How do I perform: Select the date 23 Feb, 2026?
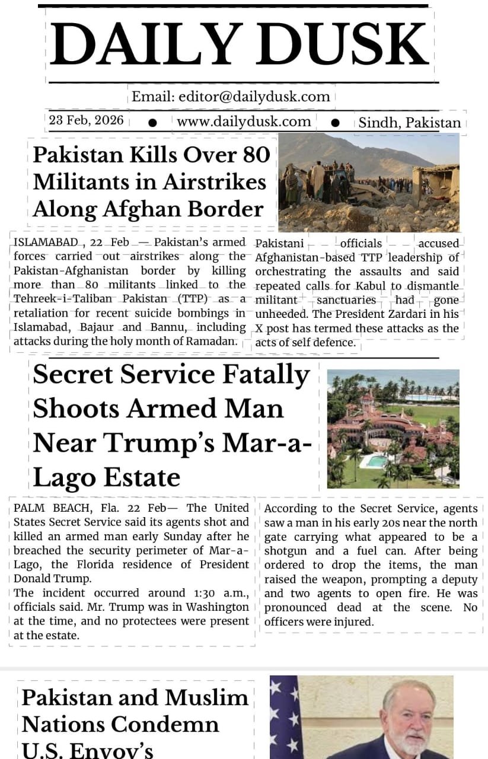tap(87, 120)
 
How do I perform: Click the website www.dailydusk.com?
tap(244, 122)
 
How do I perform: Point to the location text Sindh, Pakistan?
tap(410, 123)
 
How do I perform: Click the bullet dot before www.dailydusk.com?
tap(152, 122)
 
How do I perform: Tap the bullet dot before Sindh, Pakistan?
tap(335, 122)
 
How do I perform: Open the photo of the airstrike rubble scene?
tap(368, 182)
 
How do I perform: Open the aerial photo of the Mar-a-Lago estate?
tap(393, 428)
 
